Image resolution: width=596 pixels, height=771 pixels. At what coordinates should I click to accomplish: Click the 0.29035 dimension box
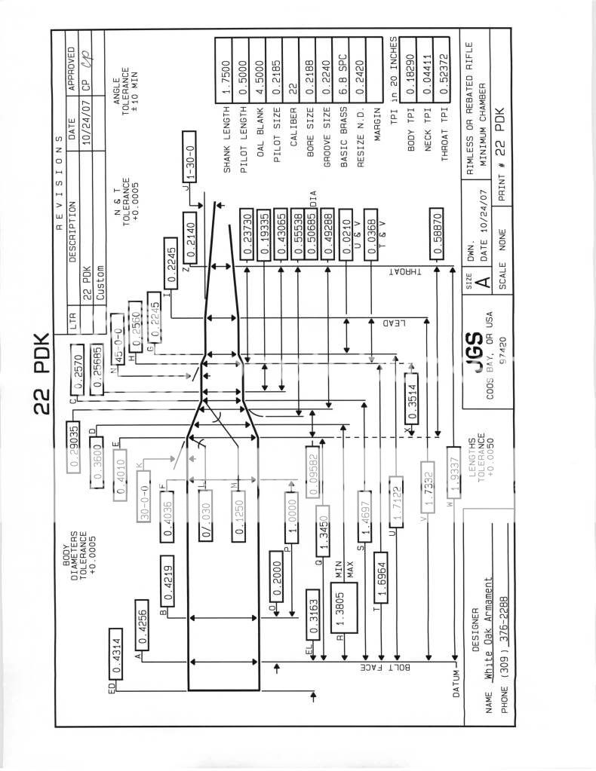(x=74, y=446)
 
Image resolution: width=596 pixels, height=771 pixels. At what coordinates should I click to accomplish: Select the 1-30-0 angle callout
(x=186, y=160)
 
